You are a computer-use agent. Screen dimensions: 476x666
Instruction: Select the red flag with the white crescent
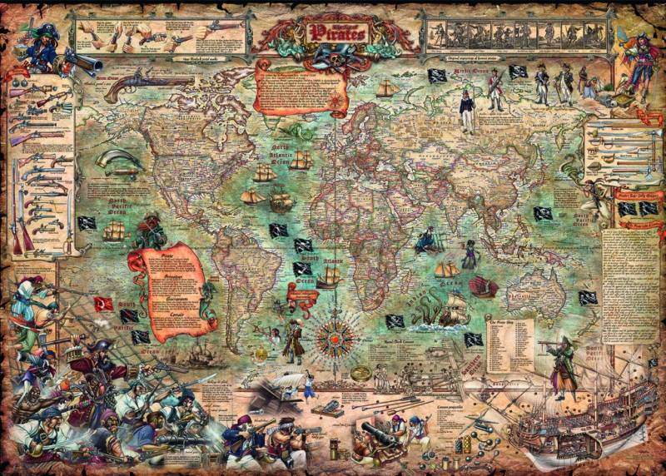tap(103, 303)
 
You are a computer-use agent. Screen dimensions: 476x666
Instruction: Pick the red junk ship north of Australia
tap(484, 286)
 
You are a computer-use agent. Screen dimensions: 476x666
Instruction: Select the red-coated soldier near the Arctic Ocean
tap(495, 90)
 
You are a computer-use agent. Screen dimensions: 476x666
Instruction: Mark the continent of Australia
tap(534, 291)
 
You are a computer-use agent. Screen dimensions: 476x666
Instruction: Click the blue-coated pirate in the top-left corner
tap(39, 48)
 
